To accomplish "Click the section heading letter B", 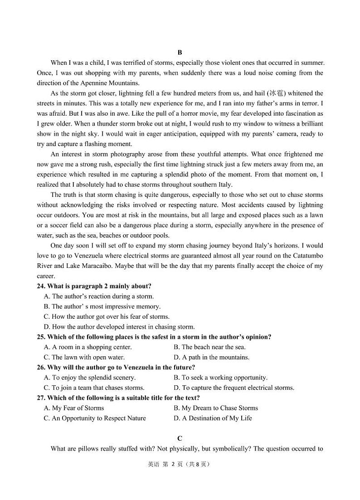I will pos(180,53).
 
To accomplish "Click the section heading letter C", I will pos(180,438).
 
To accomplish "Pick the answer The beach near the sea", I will pos(209,347).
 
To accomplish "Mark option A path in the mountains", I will pos(211,357).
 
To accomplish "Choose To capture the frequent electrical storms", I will pos(234,388).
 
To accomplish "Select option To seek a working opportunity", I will pos(220,377).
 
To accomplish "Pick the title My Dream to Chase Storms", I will pos(216,408).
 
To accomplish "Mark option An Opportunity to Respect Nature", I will pos(95,418).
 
